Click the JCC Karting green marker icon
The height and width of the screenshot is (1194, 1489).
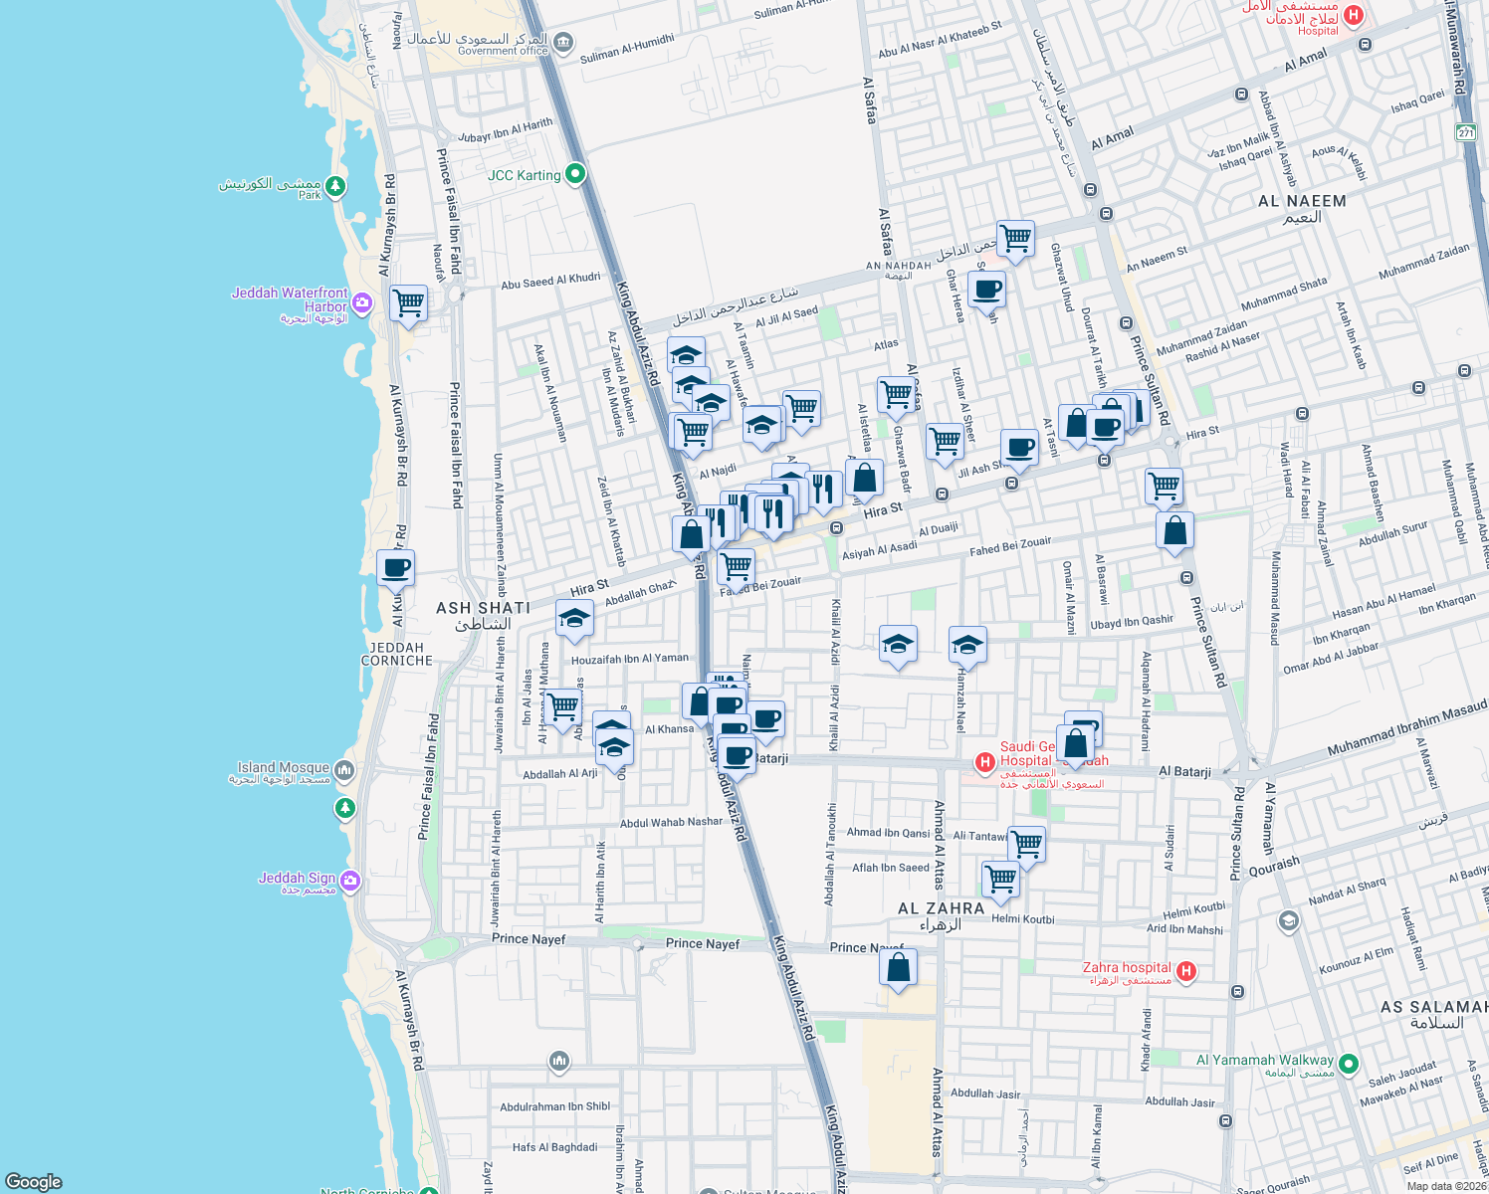pyautogui.click(x=574, y=175)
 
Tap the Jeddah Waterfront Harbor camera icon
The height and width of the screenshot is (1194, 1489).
pyautogui.click(x=361, y=302)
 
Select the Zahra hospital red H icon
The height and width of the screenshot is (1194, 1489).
pyautogui.click(x=1185, y=971)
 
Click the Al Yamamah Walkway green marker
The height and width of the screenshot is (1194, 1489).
pyautogui.click(x=1349, y=1064)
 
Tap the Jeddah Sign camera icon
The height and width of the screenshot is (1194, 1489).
pyautogui.click(x=349, y=881)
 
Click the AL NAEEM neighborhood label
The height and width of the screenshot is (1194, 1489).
pyautogui.click(x=1302, y=201)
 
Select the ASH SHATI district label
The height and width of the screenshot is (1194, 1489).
pyautogui.click(x=483, y=608)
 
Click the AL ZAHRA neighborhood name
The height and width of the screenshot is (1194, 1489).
pyautogui.click(x=941, y=908)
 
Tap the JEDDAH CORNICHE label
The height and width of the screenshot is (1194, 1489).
pyautogui.click(x=397, y=654)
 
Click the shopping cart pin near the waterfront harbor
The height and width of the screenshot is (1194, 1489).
pyautogui.click(x=408, y=302)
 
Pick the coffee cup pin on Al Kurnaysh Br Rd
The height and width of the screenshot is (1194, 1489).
pyautogui.click(x=395, y=568)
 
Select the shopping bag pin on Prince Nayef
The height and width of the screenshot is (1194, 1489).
pyautogui.click(x=898, y=967)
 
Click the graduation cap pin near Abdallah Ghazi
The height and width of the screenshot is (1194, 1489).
pyautogui.click(x=574, y=620)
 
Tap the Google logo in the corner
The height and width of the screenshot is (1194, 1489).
pyautogui.click(x=34, y=1182)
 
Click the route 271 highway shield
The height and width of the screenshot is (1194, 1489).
pyautogui.click(x=1465, y=133)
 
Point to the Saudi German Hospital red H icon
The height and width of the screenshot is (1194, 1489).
pyautogui.click(x=984, y=762)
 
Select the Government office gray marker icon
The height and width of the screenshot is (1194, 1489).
pyautogui.click(x=563, y=42)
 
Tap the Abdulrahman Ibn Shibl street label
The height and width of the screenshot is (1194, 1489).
pyautogui.click(x=554, y=1106)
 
